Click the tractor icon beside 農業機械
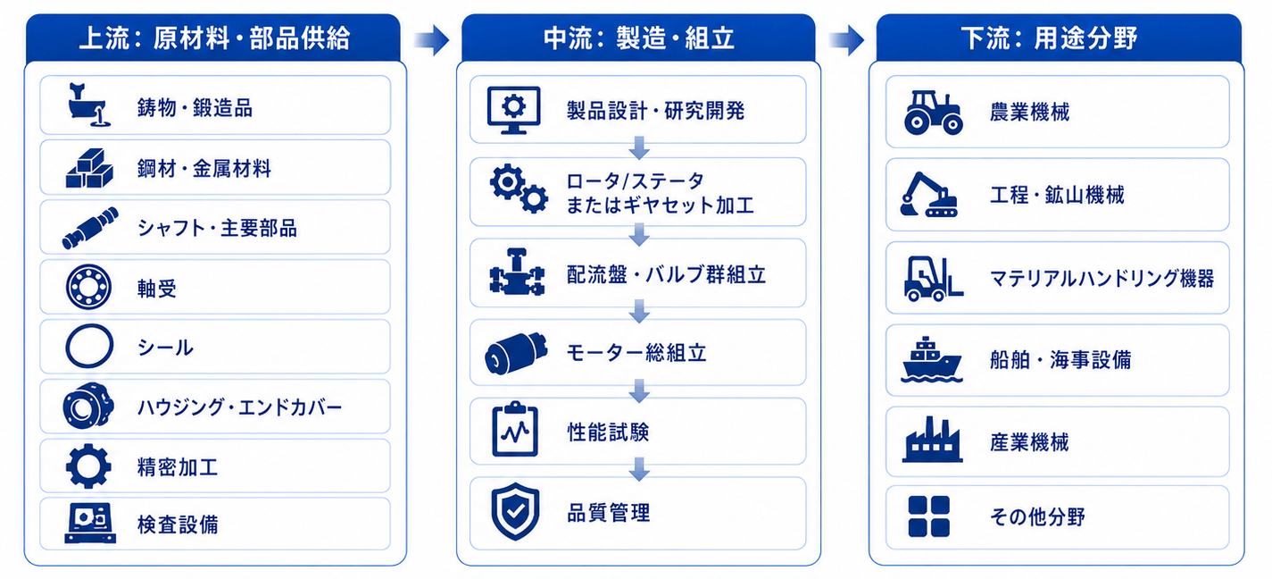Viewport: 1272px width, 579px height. tap(933, 113)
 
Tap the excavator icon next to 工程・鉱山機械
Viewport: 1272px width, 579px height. tap(929, 194)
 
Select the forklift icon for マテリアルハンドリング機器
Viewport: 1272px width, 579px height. tap(933, 279)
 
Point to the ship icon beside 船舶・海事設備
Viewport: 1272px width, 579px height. tap(931, 359)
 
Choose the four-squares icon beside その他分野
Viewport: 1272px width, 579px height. tap(929, 516)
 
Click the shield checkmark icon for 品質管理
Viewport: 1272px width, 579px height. tap(515, 511)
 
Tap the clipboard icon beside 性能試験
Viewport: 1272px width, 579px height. tap(515, 430)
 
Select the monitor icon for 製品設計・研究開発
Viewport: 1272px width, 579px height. tap(514, 110)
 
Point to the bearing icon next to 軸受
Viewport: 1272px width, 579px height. tap(88, 287)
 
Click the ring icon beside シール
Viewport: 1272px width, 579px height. tap(89, 346)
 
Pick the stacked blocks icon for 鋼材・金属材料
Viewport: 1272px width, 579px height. tap(89, 169)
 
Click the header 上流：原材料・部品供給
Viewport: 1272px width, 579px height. tap(214, 38)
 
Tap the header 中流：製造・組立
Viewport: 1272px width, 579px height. tap(639, 38)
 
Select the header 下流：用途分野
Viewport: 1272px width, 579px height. tap(1049, 38)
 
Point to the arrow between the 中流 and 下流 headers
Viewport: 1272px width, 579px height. tap(846, 40)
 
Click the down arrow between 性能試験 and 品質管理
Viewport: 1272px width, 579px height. tap(639, 469)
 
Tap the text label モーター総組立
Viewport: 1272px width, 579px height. tap(636, 353)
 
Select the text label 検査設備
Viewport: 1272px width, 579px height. tap(178, 524)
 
